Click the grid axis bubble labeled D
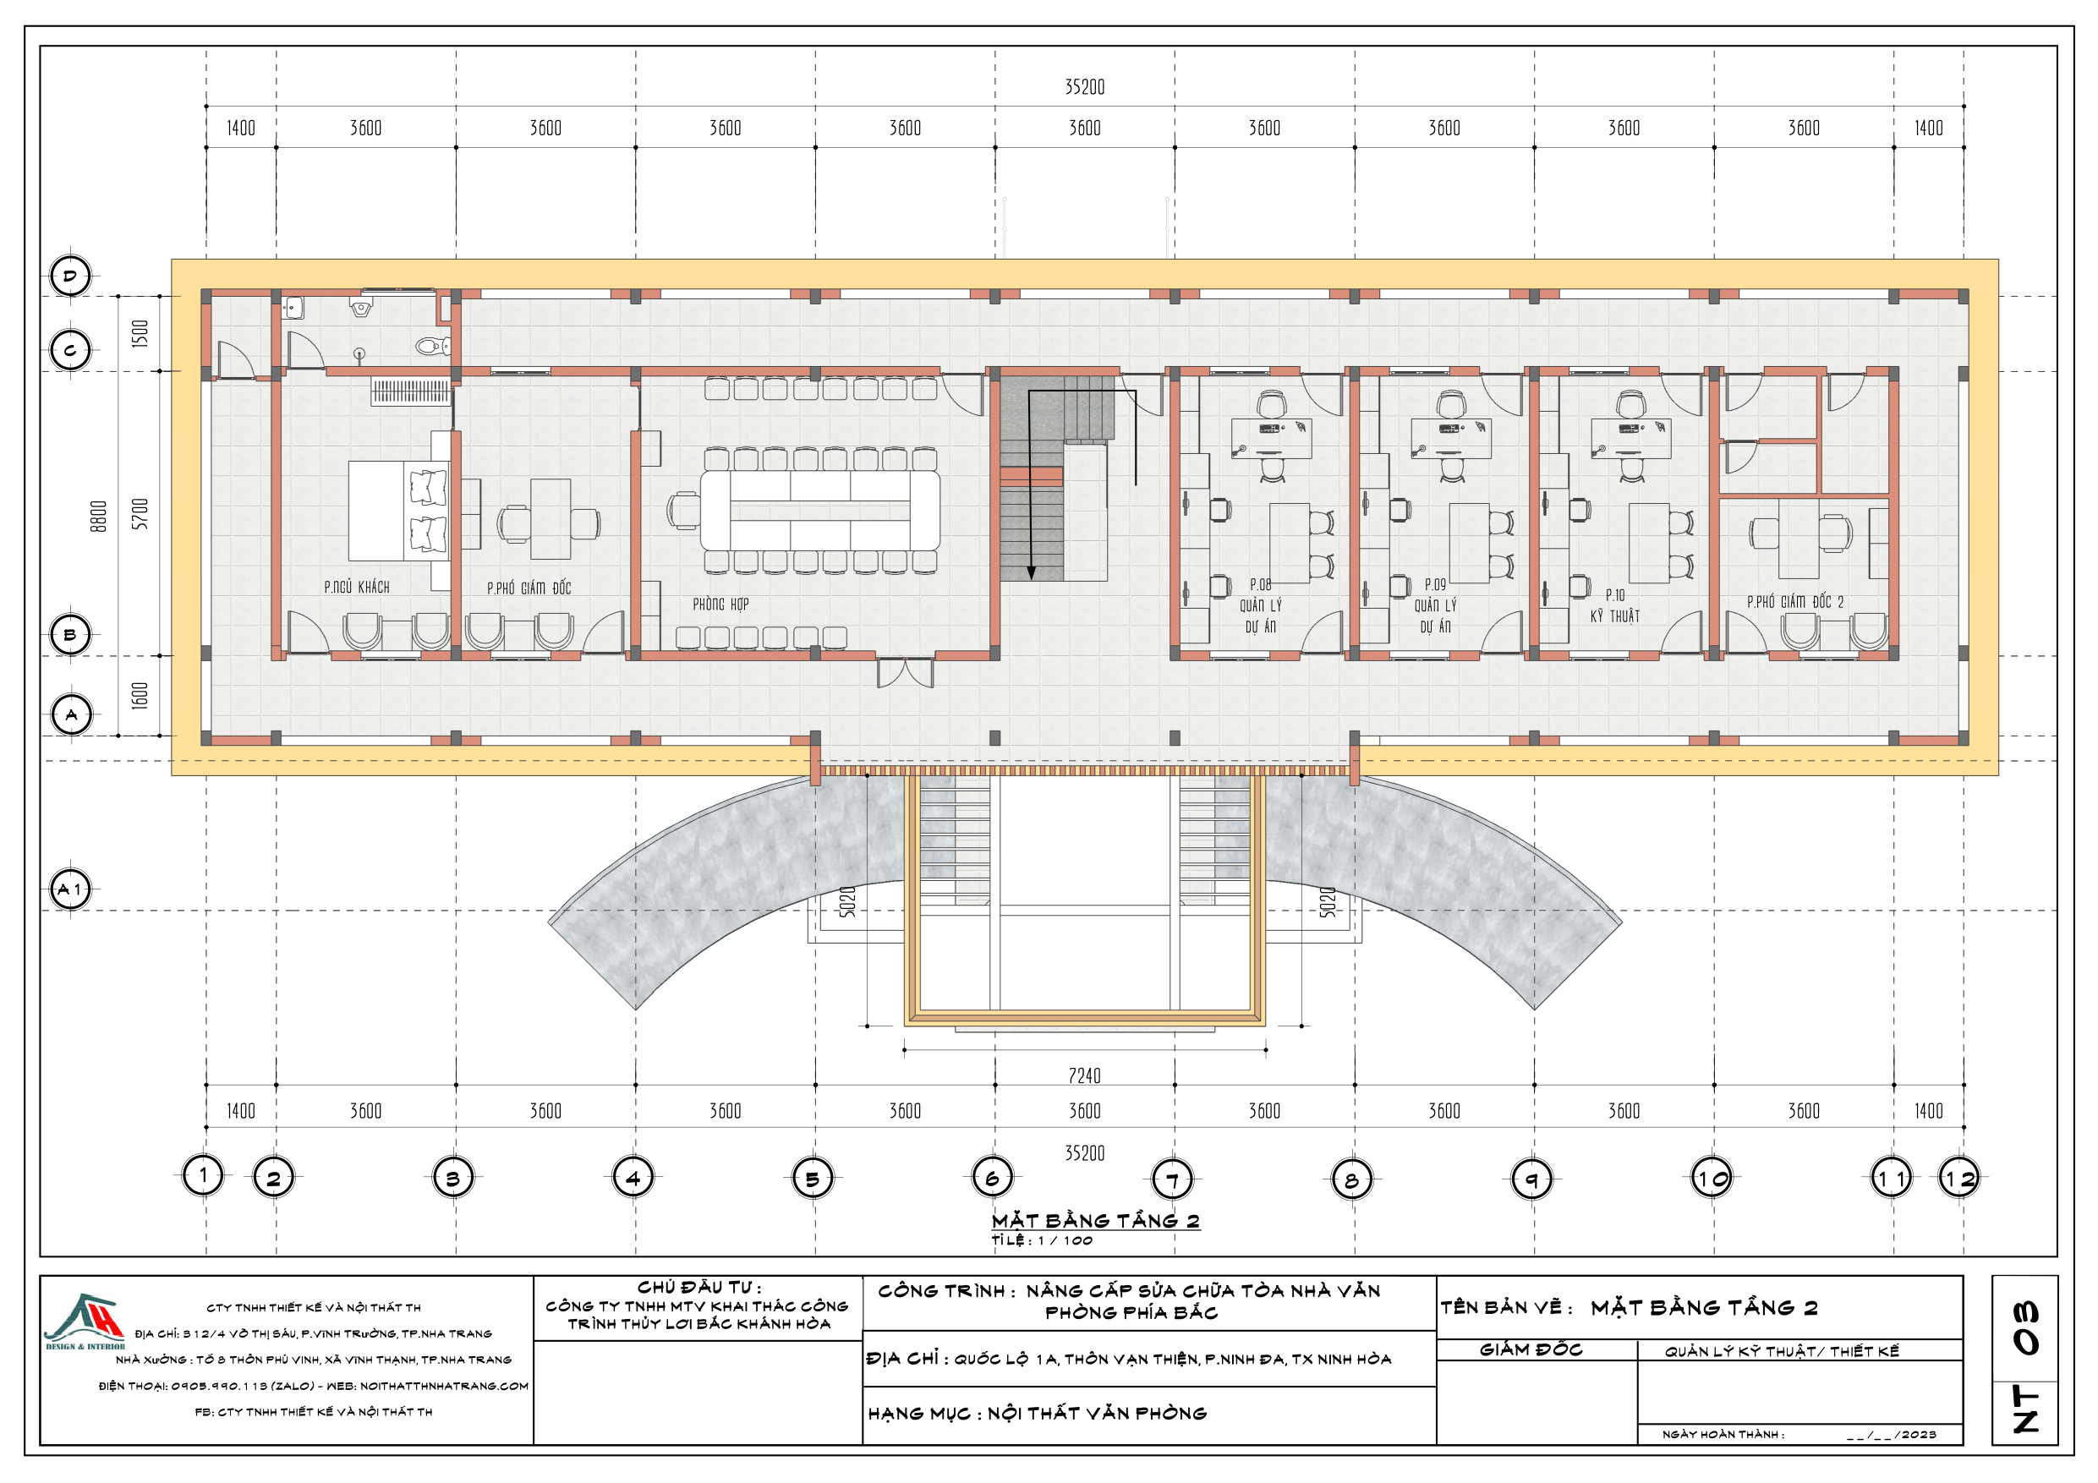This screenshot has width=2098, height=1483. (x=70, y=276)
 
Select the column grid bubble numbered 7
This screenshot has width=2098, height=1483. (x=1172, y=1178)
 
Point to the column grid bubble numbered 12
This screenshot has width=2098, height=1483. (x=1959, y=1178)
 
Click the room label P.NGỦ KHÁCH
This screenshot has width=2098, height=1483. (x=356, y=587)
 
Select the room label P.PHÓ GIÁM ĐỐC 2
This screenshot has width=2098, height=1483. (x=1794, y=601)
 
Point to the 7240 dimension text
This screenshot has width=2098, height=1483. (x=1085, y=1075)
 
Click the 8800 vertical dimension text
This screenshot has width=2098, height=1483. (x=99, y=516)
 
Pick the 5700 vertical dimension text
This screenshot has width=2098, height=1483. (x=140, y=513)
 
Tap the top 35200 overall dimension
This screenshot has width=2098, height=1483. (x=1085, y=87)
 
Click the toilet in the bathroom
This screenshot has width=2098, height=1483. (x=432, y=346)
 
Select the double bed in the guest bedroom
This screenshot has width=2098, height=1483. (x=398, y=511)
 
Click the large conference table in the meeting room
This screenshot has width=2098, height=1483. (x=819, y=510)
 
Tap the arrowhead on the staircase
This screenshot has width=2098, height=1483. (x=1031, y=572)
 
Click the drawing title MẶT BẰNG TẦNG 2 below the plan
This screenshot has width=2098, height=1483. (x=1096, y=1221)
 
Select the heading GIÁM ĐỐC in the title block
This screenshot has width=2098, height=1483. (x=1531, y=1349)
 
